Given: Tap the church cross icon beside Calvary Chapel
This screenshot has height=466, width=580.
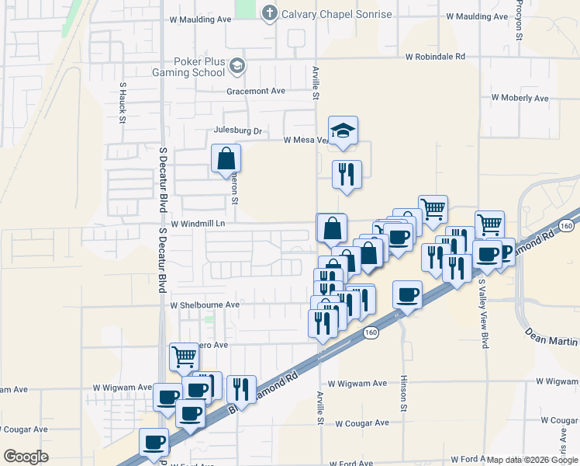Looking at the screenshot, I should click(x=269, y=13).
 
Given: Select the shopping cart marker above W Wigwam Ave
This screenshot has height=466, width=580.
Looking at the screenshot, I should click(x=184, y=357).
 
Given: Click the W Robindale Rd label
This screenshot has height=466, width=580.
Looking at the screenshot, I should click(x=435, y=57).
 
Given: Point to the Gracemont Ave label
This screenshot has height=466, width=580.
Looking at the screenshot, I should click(x=256, y=91).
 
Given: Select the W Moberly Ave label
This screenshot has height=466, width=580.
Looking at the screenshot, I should click(x=520, y=98).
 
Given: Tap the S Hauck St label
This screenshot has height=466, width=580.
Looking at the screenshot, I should click(x=123, y=103).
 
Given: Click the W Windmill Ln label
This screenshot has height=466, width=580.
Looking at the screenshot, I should click(x=198, y=224).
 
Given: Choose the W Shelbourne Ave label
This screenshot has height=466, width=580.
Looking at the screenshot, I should click(x=205, y=305).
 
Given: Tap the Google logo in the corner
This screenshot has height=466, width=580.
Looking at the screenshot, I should click(x=26, y=456).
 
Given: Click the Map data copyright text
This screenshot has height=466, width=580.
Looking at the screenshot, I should click(x=532, y=460).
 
